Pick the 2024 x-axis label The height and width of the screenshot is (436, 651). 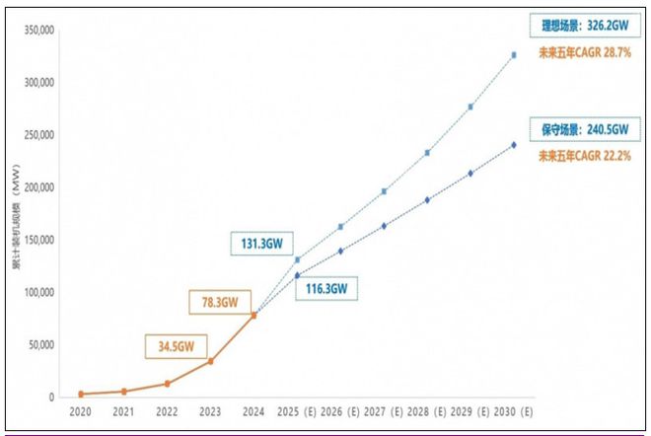(x=253, y=412)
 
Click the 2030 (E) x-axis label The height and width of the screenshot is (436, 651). (x=514, y=412)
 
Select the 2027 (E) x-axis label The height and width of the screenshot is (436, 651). (x=383, y=412)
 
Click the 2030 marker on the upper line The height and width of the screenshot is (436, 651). (x=514, y=55)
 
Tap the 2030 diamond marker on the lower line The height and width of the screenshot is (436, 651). (x=514, y=145)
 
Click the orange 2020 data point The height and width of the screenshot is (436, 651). (x=82, y=394)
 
